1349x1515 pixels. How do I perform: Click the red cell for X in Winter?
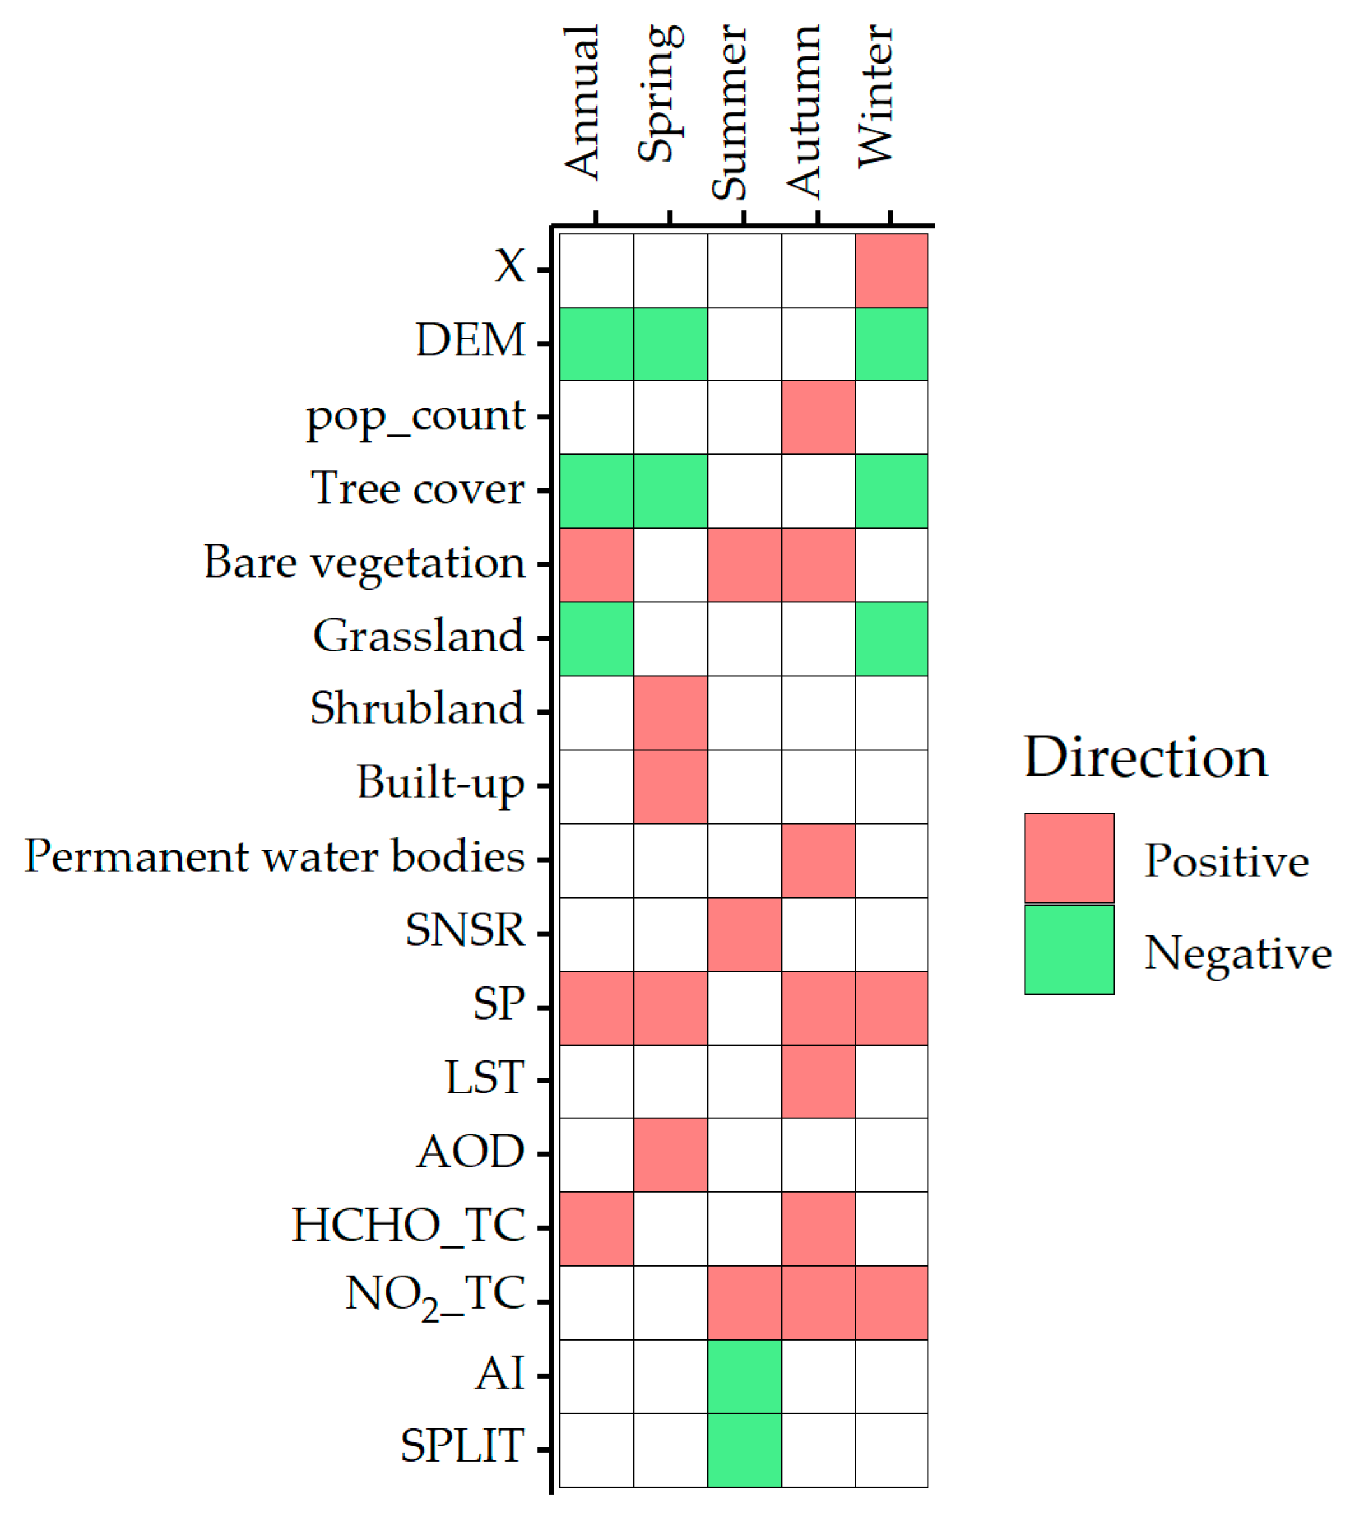click(891, 271)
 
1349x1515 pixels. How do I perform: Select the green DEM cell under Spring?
click(670, 344)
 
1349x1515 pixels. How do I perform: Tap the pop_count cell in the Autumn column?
click(818, 417)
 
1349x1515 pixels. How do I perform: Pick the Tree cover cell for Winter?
click(891, 490)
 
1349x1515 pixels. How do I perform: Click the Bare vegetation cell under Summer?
click(744, 565)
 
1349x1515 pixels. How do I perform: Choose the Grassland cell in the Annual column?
click(596, 638)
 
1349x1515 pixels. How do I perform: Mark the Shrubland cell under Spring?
click(670, 713)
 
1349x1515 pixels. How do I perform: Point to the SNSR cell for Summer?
click(744, 934)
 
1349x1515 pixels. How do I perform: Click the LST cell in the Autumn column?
click(818, 1081)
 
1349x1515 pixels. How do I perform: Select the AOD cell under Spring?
click(670, 1155)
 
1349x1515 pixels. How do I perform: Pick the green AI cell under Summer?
click(744, 1376)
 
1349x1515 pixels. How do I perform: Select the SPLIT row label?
click(463, 1446)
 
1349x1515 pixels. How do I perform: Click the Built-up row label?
click(440, 783)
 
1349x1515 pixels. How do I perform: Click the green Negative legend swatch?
click(1069, 950)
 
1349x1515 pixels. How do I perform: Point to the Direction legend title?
click(1146, 758)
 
